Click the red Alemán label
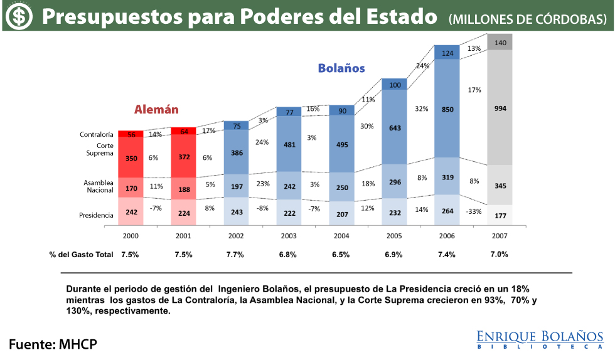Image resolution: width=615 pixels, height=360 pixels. point(156,110)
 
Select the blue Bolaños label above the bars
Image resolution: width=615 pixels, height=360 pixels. point(341,68)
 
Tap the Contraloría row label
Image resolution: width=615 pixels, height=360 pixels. point(96,134)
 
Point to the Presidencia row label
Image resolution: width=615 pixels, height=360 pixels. point(96,215)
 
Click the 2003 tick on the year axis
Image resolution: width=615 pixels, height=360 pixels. point(289,236)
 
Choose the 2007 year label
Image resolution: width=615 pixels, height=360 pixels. point(500,236)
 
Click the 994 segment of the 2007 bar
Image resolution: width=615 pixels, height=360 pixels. point(500,108)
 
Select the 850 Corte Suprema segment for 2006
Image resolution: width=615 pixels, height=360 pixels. point(447,109)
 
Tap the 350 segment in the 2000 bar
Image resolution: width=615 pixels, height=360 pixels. point(131,159)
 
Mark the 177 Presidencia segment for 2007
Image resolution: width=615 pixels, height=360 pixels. point(500,216)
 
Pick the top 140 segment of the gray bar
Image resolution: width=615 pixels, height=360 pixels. point(500,43)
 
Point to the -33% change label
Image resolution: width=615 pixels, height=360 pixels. point(474,211)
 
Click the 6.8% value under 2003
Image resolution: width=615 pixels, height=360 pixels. point(288,255)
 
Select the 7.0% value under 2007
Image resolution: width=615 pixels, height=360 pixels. point(500,255)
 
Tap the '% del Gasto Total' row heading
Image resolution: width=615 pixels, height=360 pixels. point(81,255)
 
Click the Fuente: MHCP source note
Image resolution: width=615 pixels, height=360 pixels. point(53,344)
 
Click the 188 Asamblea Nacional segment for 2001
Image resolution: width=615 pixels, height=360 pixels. point(183,190)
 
